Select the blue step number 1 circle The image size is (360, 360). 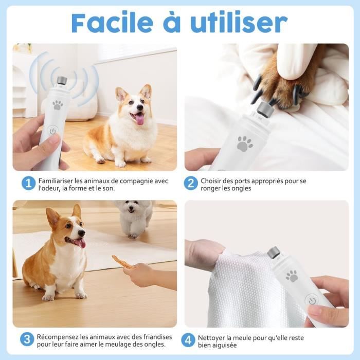coord(28,183)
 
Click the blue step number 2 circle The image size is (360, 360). coord(191,183)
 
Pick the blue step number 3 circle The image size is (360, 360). coord(27,339)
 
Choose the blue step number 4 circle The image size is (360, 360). coord(189,340)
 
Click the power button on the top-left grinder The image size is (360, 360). coord(53,131)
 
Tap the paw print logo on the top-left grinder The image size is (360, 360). coord(58,105)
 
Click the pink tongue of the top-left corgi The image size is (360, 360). coord(139,120)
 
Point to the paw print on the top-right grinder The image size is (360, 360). coord(244,143)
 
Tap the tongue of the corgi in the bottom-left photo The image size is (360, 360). coord(80,243)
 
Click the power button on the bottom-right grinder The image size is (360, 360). coord(311,300)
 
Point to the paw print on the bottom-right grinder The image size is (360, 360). coord(292,276)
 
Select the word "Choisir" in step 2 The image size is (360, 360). coord(212,181)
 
